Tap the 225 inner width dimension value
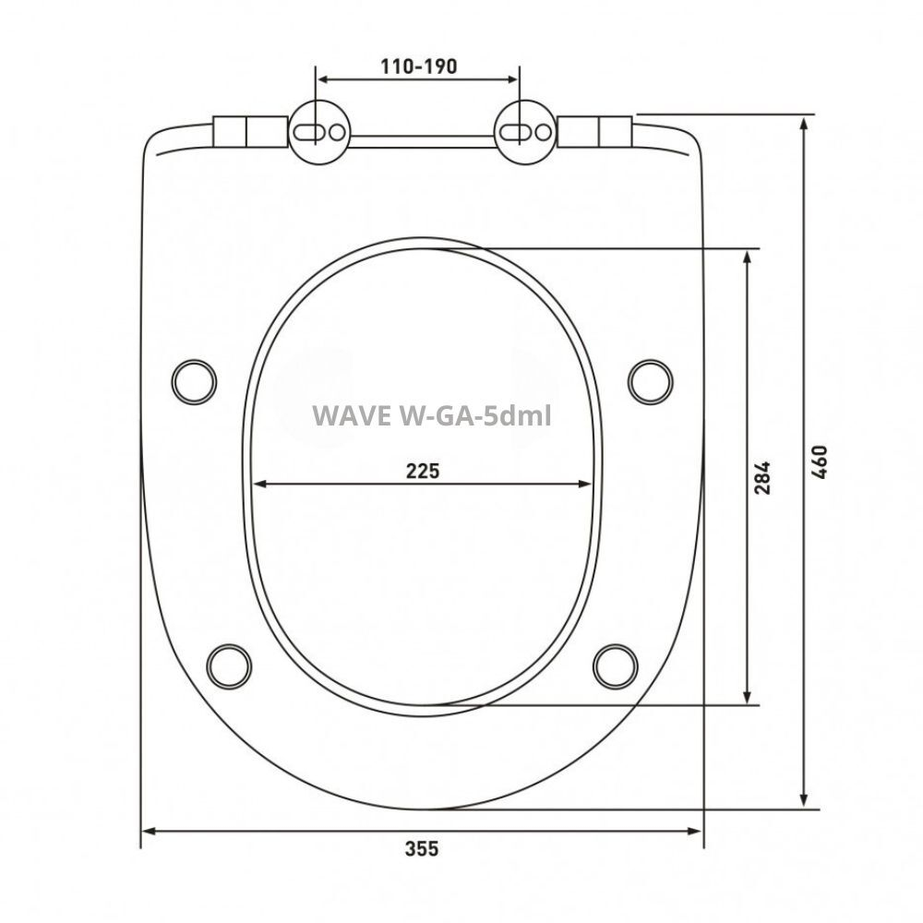click(423, 470)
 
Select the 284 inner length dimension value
click(762, 475)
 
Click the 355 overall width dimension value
click(422, 848)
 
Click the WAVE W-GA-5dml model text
click(432, 415)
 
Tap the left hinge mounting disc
click(319, 132)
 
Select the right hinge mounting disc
click(525, 132)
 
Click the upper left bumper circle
click(195, 378)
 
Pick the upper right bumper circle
click(651, 378)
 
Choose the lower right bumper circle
click(616, 664)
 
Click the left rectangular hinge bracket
click(249, 131)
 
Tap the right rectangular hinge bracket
click(596, 131)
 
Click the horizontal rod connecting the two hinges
click(422, 140)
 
